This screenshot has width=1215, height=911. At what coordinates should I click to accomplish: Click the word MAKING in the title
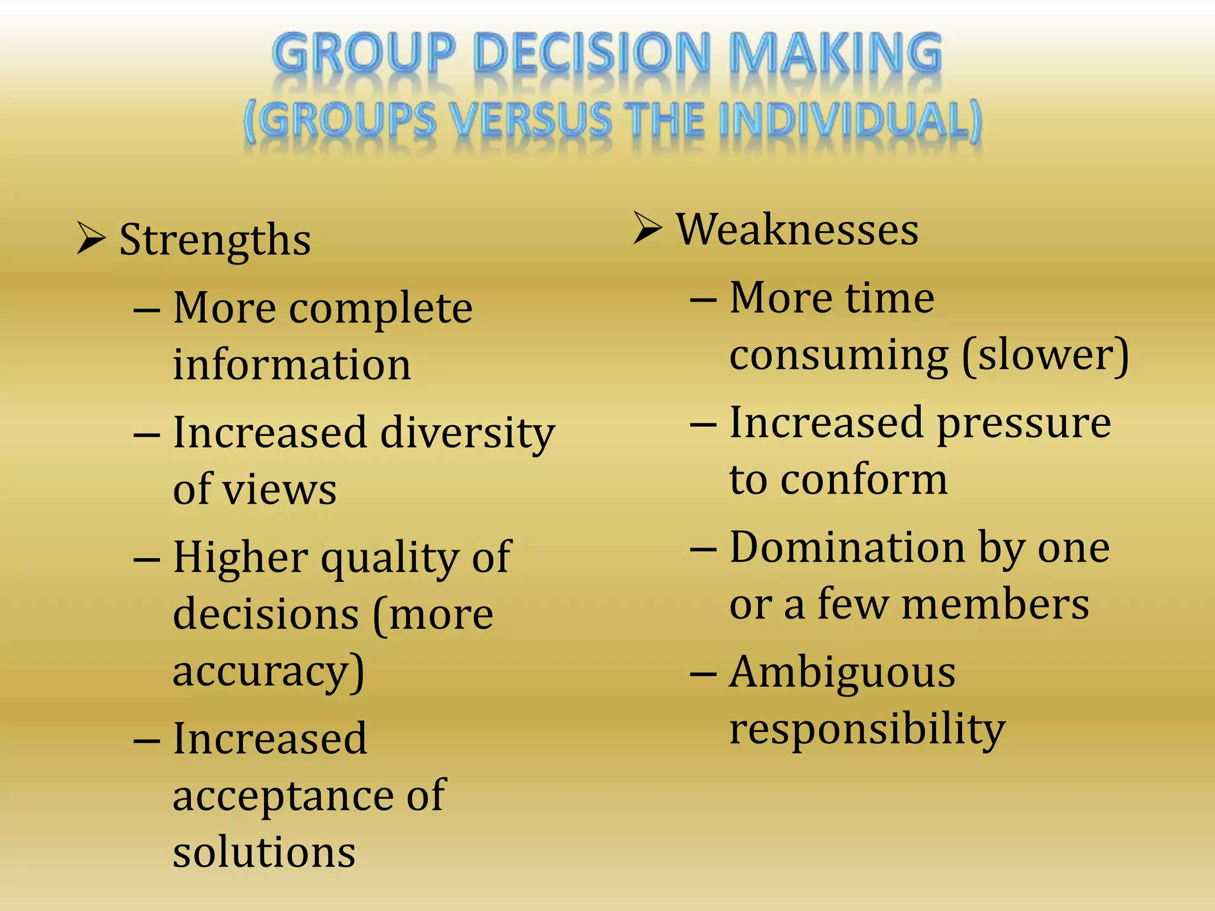click(835, 55)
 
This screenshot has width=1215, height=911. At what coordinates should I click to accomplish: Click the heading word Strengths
click(215, 240)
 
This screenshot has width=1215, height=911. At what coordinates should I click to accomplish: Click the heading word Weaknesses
click(797, 230)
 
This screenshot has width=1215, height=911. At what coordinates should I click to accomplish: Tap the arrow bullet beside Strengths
click(91, 238)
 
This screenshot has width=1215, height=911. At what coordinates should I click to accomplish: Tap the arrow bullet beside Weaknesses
click(647, 228)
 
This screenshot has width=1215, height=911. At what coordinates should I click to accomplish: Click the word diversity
click(467, 433)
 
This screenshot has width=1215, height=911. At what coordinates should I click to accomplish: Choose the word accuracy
click(268, 671)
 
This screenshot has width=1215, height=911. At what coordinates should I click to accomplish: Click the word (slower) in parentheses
click(1045, 355)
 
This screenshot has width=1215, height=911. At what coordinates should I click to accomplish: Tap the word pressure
click(1024, 423)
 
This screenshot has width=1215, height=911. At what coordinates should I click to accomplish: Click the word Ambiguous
click(842, 673)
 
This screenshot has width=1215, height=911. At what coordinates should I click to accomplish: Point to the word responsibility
click(867, 730)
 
